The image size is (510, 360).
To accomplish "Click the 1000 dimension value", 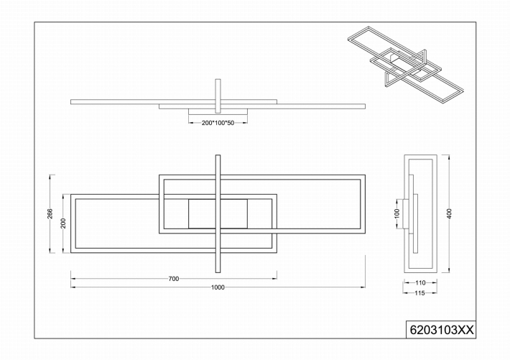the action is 218,287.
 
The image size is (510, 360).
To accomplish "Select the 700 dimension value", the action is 174,279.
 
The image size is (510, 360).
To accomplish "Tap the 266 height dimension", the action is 50,213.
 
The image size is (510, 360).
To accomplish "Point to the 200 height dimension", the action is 63,223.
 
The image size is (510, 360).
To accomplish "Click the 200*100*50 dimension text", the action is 218,123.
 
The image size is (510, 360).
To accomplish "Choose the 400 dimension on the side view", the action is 450,213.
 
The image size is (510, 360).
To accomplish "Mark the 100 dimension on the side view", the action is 397,213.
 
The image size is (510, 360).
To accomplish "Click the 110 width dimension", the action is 420,283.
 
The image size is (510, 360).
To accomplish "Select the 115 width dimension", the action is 420,293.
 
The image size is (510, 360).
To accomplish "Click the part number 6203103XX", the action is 441,330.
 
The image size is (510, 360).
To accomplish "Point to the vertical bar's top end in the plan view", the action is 218,155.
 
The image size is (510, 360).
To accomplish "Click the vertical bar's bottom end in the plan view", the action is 218,272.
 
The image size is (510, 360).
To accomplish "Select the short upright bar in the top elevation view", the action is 218,96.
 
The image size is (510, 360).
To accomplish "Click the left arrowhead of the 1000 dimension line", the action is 73,287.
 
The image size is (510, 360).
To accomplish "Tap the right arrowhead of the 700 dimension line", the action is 275,279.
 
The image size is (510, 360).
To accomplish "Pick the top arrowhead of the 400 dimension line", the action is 449,157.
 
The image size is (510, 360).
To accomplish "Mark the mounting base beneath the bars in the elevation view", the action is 218,111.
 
